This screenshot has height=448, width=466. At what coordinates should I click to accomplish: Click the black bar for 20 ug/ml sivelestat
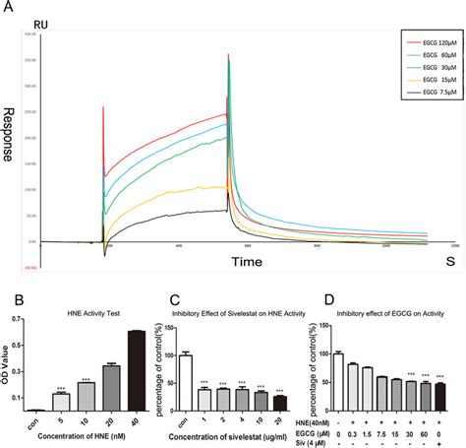click(279, 402)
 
